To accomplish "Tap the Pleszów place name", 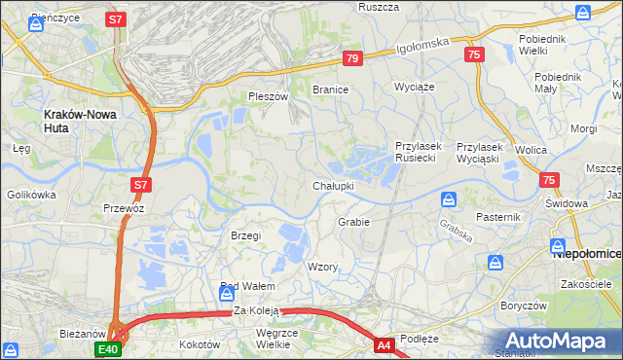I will point(269,97).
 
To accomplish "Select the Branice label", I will point(330,90).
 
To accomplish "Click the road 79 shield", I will point(352,59).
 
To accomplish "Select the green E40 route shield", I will point(107,348).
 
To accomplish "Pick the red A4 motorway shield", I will point(384,343).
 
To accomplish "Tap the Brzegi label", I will point(245,235).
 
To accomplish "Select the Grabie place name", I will point(353,222).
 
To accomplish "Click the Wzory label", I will point(322,267).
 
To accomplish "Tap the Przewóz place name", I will point(124,208).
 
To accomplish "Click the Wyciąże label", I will point(413,87).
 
